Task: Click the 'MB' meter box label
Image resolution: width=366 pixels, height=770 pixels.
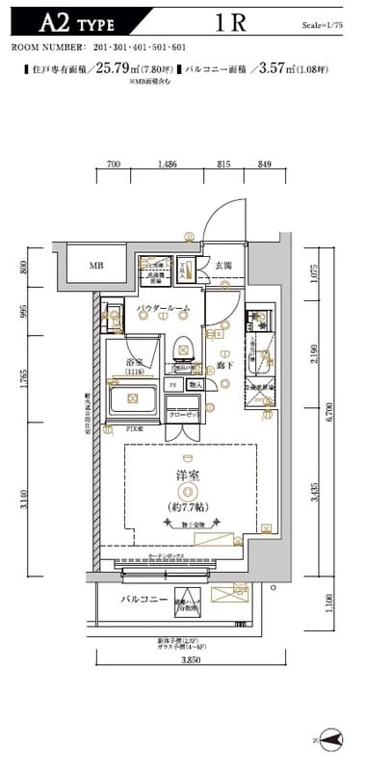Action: pos(96,266)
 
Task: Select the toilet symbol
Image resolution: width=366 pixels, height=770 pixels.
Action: pos(181,354)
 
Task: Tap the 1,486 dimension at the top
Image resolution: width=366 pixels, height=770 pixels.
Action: pos(167,165)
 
